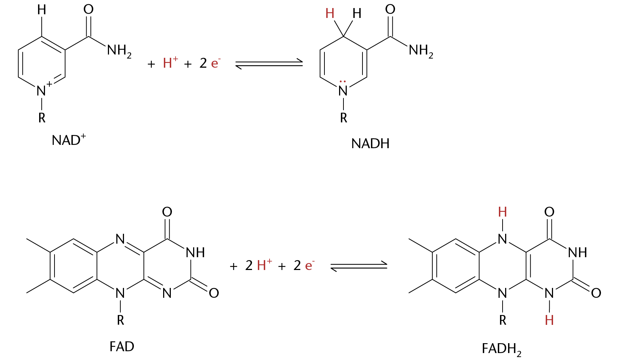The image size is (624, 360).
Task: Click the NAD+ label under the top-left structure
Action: point(69,140)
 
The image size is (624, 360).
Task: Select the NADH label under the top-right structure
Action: point(370,144)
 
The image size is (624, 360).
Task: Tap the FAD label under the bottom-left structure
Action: point(122,346)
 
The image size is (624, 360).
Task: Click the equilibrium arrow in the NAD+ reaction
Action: point(269,64)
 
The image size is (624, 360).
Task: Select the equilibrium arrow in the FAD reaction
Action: point(359,266)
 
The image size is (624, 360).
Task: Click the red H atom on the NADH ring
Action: point(330,14)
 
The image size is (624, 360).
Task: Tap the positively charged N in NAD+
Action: point(42,90)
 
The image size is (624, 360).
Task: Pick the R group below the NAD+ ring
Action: point(42,117)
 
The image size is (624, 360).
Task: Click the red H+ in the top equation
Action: point(170,62)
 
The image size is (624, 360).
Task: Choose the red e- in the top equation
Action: point(216,63)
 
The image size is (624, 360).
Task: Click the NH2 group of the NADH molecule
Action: point(421,51)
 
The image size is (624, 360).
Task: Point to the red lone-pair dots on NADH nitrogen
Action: point(343,82)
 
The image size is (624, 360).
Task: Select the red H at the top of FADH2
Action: point(502,212)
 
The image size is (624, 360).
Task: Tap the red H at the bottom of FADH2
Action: point(549,320)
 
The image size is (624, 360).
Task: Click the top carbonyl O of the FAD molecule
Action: point(167,212)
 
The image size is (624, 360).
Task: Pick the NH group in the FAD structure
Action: point(195,253)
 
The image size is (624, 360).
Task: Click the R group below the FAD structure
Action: point(120,320)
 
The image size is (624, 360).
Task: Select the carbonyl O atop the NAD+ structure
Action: point(88,9)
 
